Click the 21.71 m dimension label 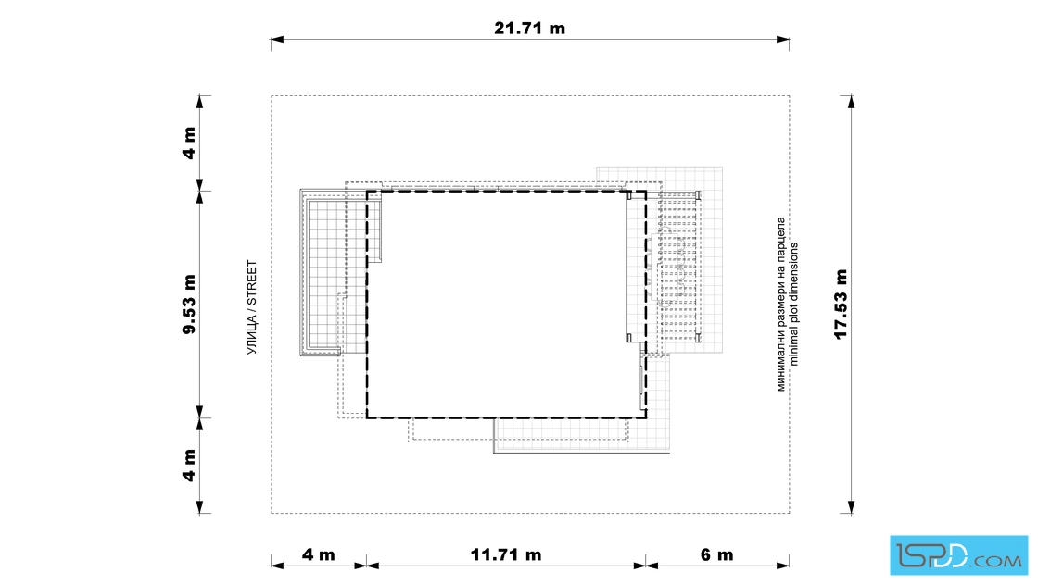pyautogui.click(x=529, y=29)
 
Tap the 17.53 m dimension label pyautogui.click(x=842, y=305)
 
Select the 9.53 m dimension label pyautogui.click(x=189, y=305)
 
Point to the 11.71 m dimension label pyautogui.click(x=506, y=554)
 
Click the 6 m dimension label pyautogui.click(x=717, y=554)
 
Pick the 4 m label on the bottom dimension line pyautogui.click(x=319, y=554)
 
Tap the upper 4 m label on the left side pyautogui.click(x=189, y=143)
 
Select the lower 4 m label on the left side pyautogui.click(x=189, y=466)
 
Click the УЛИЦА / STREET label pyautogui.click(x=252, y=307)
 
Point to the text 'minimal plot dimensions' pyautogui.click(x=794, y=304)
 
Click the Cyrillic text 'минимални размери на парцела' pyautogui.click(x=781, y=304)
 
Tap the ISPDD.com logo pyautogui.click(x=958, y=555)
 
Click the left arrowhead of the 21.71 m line pyautogui.click(x=277, y=40)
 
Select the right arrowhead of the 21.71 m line pyautogui.click(x=783, y=40)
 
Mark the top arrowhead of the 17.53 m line pyautogui.click(x=852, y=102)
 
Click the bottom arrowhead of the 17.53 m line pyautogui.click(x=852, y=507)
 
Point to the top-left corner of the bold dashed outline pyautogui.click(x=367, y=192)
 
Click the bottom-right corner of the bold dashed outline pyautogui.click(x=646, y=417)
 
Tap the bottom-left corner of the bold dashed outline pyautogui.click(x=367, y=417)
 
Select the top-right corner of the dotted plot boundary pyautogui.click(x=789, y=96)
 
